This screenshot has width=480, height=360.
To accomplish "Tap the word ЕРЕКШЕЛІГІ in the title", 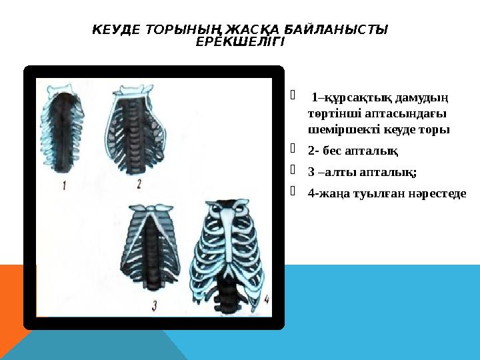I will (240, 42).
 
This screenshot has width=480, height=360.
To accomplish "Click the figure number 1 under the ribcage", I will (65, 186).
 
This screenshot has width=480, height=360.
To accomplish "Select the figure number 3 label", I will (155, 306).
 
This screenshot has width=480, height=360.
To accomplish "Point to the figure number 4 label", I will (266, 300).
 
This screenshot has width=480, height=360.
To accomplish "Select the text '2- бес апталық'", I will (353, 151).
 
